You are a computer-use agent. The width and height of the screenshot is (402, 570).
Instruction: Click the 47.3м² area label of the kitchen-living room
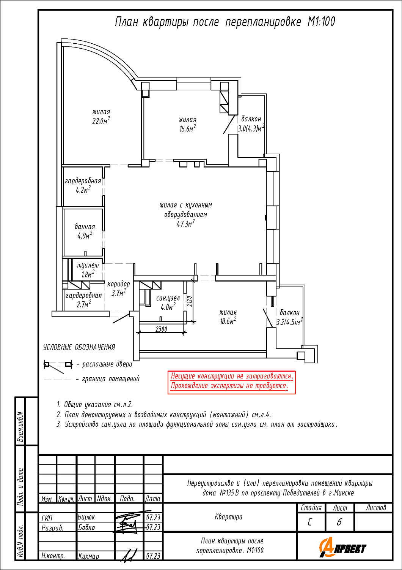(185, 223)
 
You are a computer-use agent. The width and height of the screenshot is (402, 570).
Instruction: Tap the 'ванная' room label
(85, 226)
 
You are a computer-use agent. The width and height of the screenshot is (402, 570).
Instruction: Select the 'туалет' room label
(88, 265)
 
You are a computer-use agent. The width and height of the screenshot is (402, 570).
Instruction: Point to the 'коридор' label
(118, 284)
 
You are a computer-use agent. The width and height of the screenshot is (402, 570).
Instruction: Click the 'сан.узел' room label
(168, 298)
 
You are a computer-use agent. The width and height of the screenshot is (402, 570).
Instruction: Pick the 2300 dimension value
(161, 329)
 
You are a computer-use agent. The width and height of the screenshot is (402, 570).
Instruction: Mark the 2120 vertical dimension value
(190, 301)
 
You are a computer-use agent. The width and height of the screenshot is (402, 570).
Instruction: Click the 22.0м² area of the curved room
(101, 120)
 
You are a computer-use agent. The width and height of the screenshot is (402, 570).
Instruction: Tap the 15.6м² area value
(188, 128)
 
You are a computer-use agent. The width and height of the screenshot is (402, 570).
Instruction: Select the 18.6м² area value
(228, 321)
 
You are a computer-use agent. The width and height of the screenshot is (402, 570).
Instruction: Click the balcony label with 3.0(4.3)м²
(251, 124)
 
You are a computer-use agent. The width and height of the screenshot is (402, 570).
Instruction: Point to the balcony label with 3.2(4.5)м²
(289, 317)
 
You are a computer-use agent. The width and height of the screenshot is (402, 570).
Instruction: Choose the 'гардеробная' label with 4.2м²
(83, 185)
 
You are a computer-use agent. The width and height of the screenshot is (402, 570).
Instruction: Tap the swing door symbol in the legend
(58, 366)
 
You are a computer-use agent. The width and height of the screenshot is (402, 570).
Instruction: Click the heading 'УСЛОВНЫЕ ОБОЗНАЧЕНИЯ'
(79, 347)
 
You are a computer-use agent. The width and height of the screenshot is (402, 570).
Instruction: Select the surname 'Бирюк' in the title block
(86, 517)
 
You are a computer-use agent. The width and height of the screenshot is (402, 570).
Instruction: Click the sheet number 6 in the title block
(339, 522)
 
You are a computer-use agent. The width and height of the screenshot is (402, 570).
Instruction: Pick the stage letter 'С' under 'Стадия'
(309, 522)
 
